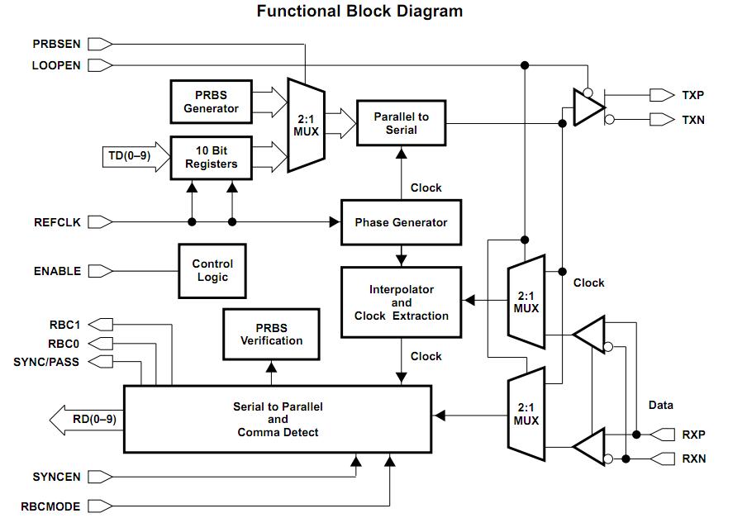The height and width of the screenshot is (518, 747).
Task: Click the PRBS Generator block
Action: pyautogui.click(x=211, y=101)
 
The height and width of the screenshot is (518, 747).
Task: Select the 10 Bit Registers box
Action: pyautogui.click(x=211, y=157)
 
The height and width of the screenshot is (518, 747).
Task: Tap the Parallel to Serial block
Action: pyautogui.click(x=401, y=123)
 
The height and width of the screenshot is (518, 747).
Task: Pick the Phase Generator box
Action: pyautogui.click(x=401, y=222)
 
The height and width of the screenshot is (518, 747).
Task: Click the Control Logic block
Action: pyautogui.click(x=212, y=270)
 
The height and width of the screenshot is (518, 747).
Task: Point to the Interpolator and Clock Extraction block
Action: pyautogui.click(x=401, y=302)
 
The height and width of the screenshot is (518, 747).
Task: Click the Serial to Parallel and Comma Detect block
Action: pyautogui.click(x=278, y=419)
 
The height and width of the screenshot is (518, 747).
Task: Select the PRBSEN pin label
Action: pyautogui.click(x=57, y=43)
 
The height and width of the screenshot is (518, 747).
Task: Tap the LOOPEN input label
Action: pyautogui.click(x=56, y=64)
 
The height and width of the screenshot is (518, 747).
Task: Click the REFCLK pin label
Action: pyautogui.click(x=57, y=221)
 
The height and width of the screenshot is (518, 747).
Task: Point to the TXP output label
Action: pyautogui.click(x=692, y=95)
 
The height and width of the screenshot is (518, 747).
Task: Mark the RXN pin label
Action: pyautogui.click(x=693, y=459)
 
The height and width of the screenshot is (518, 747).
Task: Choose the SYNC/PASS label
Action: pyautogui.click(x=47, y=362)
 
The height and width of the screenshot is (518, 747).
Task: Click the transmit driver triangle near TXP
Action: pyautogui.click(x=588, y=107)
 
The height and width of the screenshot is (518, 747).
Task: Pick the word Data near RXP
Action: pyautogui.click(x=660, y=405)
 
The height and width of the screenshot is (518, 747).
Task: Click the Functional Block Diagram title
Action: pyautogui.click(x=359, y=12)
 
